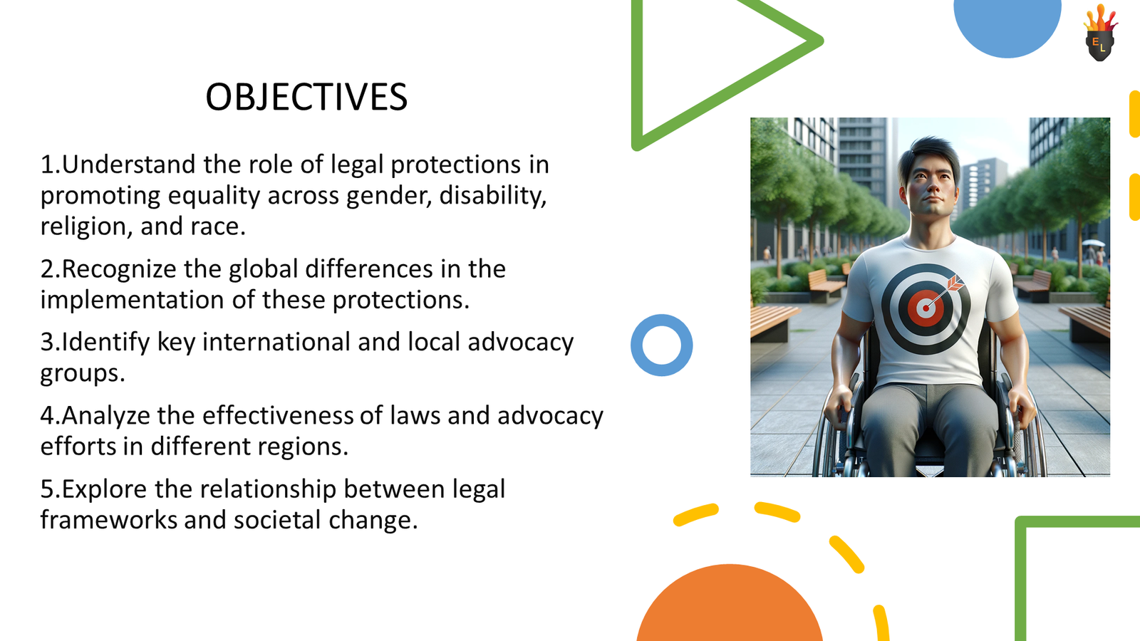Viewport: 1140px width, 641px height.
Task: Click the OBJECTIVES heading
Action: (306, 98)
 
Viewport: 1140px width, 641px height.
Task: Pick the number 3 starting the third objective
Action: (47, 343)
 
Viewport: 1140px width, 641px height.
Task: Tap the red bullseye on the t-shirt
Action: (925, 308)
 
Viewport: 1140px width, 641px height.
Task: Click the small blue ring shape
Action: (661, 345)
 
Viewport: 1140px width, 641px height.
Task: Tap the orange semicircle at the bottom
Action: (729, 605)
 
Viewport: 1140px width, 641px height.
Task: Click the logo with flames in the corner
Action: (1100, 34)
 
